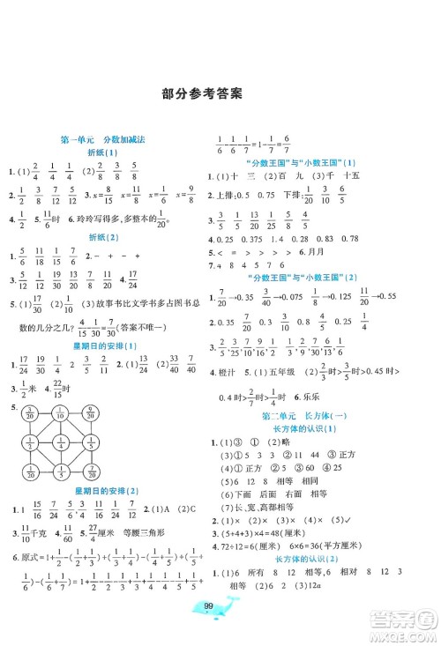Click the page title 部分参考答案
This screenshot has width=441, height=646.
tap(220, 92)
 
